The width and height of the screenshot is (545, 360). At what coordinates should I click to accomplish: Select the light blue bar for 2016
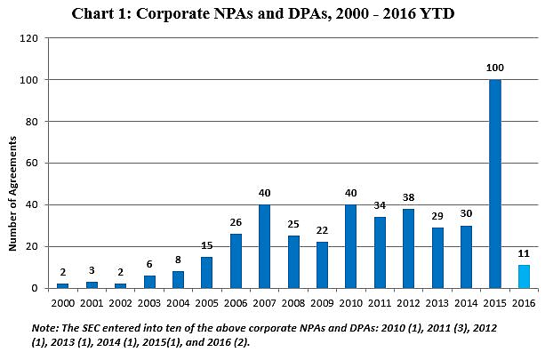coord(523,276)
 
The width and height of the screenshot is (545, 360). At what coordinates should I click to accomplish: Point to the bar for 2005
coord(206,272)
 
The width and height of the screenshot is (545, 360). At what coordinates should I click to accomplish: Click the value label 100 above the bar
coord(494,68)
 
